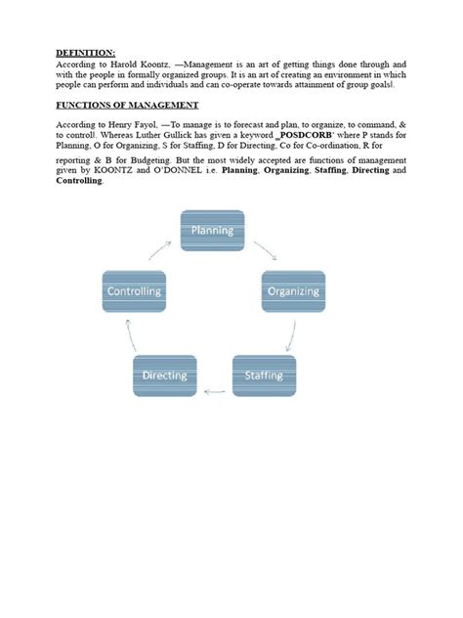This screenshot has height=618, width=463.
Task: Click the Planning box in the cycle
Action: click(x=212, y=231)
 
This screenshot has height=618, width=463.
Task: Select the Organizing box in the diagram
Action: click(x=293, y=290)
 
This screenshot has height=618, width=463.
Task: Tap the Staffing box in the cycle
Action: click(x=264, y=375)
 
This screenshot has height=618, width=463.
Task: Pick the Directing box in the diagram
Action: click(x=164, y=375)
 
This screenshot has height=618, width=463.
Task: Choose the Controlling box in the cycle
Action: click(x=134, y=290)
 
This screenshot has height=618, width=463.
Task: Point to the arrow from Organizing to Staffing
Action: click(x=290, y=337)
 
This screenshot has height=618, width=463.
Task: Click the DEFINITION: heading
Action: click(x=85, y=53)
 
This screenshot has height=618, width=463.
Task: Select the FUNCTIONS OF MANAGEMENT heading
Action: click(x=127, y=105)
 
